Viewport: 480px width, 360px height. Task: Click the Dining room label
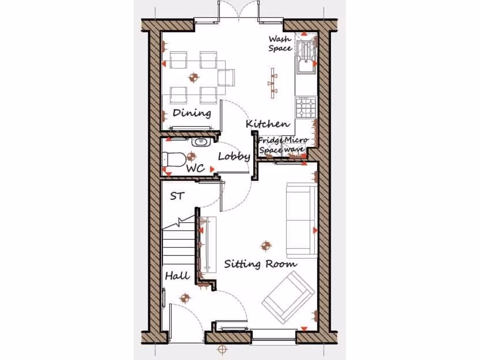(x=192, y=113)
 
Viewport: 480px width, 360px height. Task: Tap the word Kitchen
(x=268, y=124)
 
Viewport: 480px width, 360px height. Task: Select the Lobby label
(x=234, y=157)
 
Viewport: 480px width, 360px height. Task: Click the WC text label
(x=195, y=168)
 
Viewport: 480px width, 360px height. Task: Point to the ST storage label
(x=177, y=196)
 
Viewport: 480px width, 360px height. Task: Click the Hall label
(x=178, y=276)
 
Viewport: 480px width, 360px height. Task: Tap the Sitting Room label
(x=260, y=263)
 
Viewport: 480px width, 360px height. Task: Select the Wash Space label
(x=280, y=44)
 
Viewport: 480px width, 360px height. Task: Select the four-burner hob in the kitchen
(x=307, y=107)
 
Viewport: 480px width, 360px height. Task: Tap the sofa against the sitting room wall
(x=302, y=220)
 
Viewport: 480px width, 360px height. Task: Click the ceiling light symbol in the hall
(x=185, y=297)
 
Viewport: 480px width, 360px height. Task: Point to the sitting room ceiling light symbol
(x=266, y=245)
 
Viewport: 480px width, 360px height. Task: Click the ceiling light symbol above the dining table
(x=193, y=77)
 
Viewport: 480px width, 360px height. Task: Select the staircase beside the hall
(x=178, y=248)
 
